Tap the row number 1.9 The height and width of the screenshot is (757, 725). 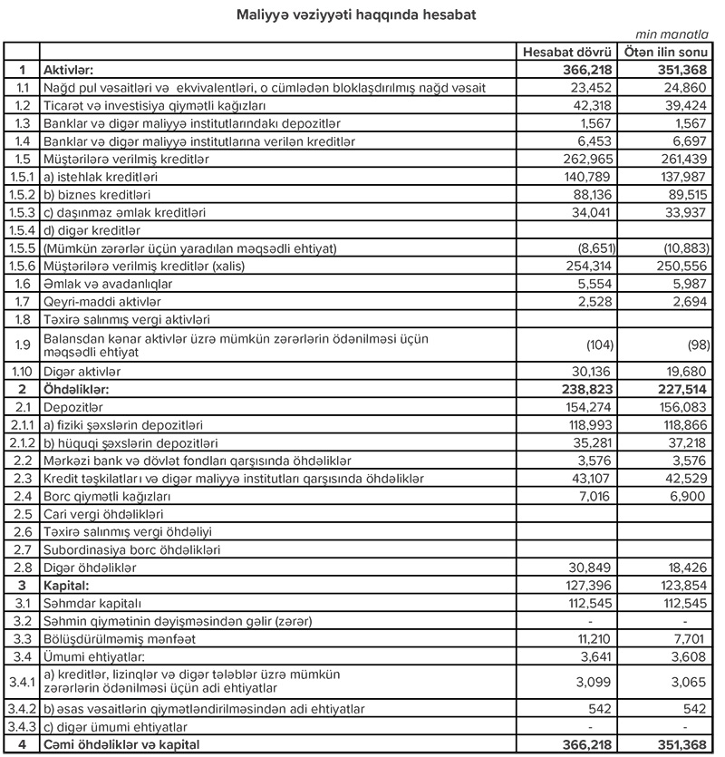coord(21,344)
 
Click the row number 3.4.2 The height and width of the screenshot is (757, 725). coord(21,710)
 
